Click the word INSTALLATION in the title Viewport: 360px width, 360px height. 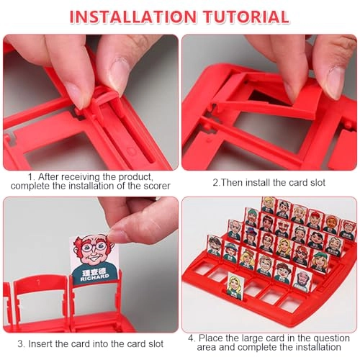click(x=132, y=17)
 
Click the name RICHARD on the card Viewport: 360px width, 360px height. click(x=94, y=278)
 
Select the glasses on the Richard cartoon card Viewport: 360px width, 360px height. click(x=94, y=247)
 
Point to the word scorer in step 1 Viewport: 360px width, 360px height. click(x=157, y=186)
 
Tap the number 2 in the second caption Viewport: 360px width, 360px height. click(x=215, y=183)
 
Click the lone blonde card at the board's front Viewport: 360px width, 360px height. click(x=235, y=287)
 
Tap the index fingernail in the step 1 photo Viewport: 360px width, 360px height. click(x=76, y=95)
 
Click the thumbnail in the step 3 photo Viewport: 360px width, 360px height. click(x=114, y=235)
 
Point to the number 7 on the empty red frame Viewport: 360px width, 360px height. click(x=39, y=282)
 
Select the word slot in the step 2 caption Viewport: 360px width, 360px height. click(x=318, y=183)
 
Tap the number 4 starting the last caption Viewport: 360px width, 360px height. click(x=191, y=338)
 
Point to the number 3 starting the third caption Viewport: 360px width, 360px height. click(x=21, y=344)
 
